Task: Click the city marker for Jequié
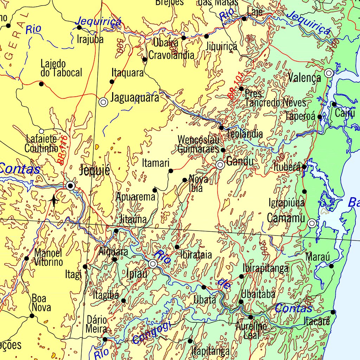(x=71, y=186)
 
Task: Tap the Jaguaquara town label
(x=135, y=98)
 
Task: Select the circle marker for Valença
(x=329, y=73)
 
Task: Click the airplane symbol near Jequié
(x=53, y=200)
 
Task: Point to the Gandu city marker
(x=220, y=165)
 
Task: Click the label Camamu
(x=286, y=218)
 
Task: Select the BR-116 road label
(x=63, y=149)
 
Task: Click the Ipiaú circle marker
(x=153, y=264)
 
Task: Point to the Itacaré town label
(x=317, y=321)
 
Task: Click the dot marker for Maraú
(x=331, y=266)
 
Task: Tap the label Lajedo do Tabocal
(x=61, y=68)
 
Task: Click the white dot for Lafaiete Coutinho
(x=41, y=131)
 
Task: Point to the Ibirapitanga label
(x=265, y=269)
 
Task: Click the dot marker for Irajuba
(x=79, y=27)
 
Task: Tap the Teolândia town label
(x=245, y=134)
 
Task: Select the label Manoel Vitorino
(x=49, y=257)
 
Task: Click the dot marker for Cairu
(x=334, y=104)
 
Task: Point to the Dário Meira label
(x=97, y=324)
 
